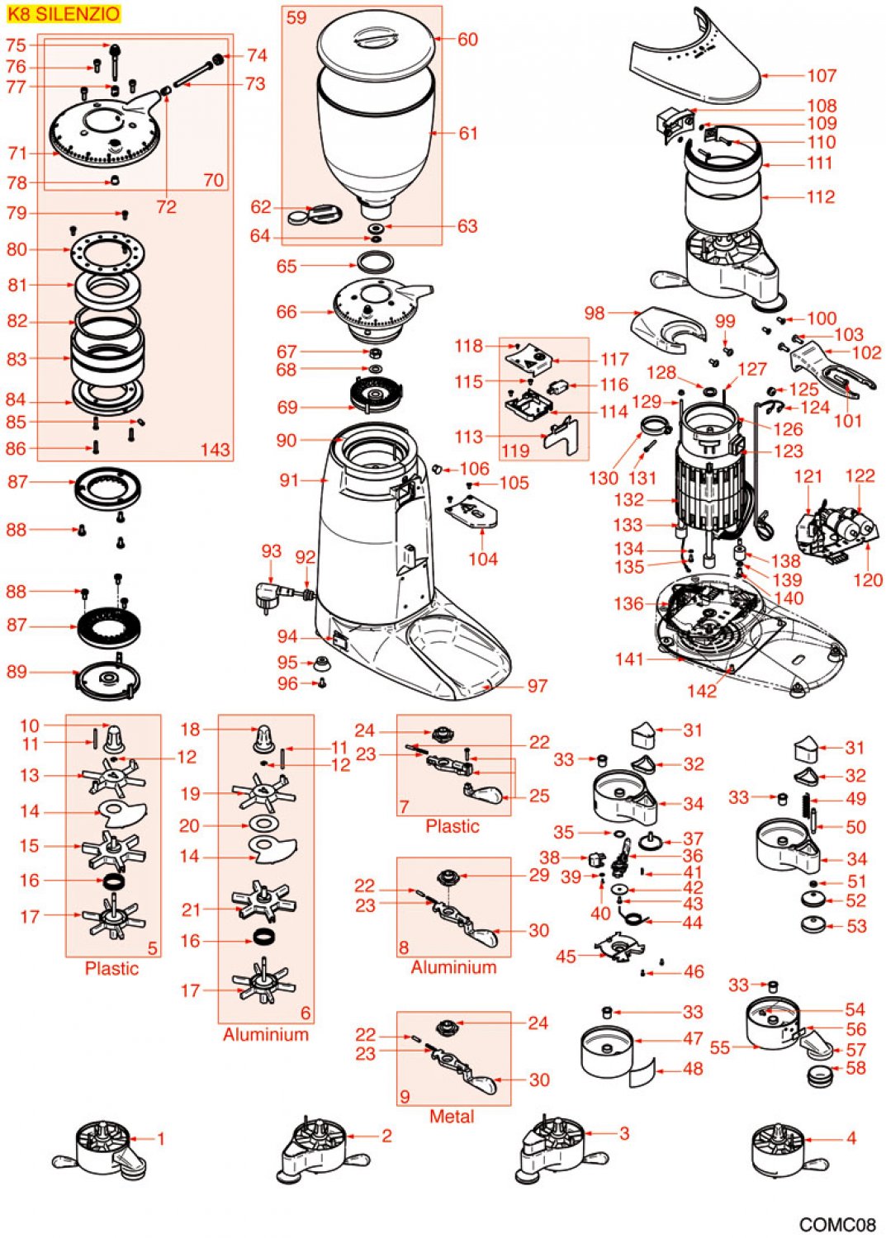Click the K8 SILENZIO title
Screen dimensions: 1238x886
point(63,14)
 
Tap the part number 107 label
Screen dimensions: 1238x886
point(822,76)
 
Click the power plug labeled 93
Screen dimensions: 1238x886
point(273,594)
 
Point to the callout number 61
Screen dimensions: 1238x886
point(468,133)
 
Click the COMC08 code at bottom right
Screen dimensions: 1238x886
point(836,1225)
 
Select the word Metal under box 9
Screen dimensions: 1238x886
point(452,1117)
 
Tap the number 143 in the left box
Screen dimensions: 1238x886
point(215,450)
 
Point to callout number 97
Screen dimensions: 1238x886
point(538,686)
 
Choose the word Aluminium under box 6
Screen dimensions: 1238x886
point(265,1034)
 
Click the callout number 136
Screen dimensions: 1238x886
point(628,604)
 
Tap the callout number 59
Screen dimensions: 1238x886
point(296,18)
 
